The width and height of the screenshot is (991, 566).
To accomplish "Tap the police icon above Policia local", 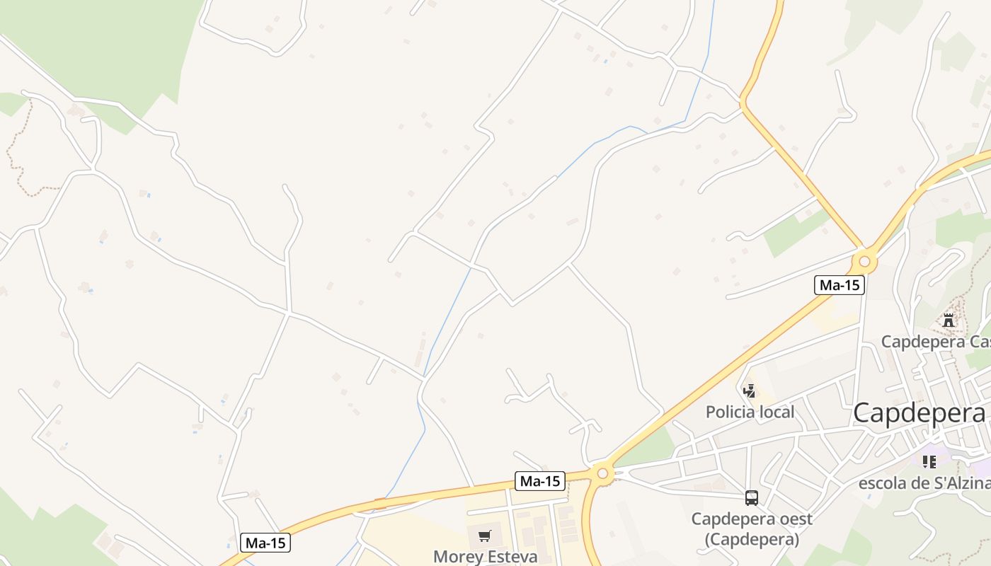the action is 749,391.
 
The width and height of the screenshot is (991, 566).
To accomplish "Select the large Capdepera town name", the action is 918,413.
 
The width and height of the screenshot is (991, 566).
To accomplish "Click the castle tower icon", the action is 949,320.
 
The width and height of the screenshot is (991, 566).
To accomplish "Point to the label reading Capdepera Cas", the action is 935,342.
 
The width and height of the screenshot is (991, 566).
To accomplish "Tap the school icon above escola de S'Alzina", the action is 929,462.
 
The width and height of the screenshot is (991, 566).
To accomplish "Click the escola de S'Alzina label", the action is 924,483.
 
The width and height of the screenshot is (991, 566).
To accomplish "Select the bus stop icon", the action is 752,497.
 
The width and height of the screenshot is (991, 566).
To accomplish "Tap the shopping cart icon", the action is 484,536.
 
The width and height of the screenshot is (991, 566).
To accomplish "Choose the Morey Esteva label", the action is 485,557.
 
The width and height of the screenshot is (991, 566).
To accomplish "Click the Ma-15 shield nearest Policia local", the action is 839,285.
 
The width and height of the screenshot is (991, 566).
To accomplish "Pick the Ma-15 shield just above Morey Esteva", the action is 540,481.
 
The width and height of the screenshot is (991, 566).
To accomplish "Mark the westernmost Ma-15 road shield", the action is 265,543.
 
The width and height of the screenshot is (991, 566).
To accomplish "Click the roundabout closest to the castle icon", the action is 864,262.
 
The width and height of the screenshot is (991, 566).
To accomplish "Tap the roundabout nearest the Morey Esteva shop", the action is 602,473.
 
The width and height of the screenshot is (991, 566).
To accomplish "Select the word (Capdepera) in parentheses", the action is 752,539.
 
